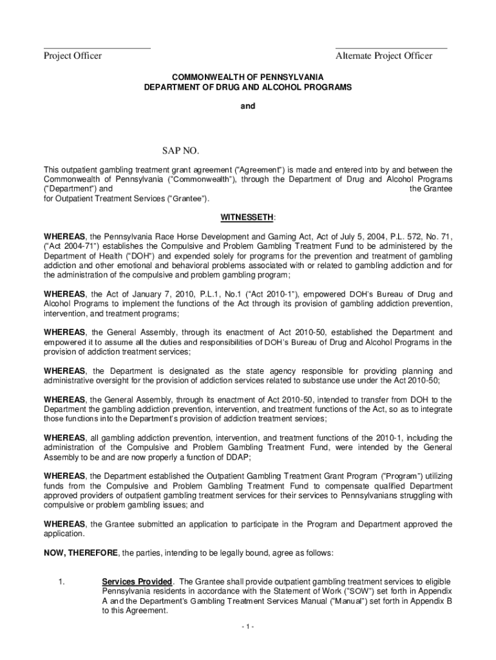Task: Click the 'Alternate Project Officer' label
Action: click(x=383, y=56)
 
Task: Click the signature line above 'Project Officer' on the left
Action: click(x=97, y=48)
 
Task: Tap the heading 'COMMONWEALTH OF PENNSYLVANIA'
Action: click(x=247, y=76)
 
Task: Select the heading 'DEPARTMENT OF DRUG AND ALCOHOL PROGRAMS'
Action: click(x=247, y=86)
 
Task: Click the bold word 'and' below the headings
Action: click(x=248, y=106)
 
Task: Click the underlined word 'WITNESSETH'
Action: click(x=248, y=217)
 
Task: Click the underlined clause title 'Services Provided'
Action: click(x=137, y=582)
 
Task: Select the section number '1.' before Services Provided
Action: click(x=61, y=582)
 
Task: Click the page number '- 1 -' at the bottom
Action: click(x=248, y=627)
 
